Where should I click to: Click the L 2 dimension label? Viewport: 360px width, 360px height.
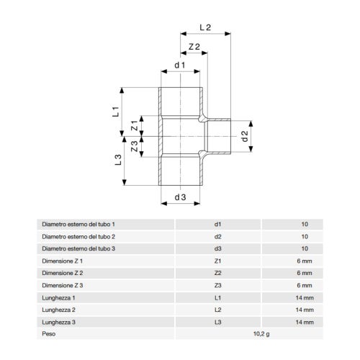[x=205, y=27]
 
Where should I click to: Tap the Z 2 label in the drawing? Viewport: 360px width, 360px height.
[x=194, y=47]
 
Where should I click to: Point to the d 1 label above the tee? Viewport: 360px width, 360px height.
[x=180, y=65]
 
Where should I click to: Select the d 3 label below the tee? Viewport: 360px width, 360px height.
[x=180, y=197]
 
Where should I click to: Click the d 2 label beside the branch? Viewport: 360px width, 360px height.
[x=245, y=136]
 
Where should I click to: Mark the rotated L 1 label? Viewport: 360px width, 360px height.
[x=116, y=112]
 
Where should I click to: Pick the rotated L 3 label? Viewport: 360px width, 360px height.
[x=118, y=160]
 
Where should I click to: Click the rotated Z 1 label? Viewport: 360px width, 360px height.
[x=135, y=125]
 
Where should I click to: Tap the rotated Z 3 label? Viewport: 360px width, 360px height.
[x=135, y=146]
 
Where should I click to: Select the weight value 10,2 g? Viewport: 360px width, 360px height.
[x=261, y=334]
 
